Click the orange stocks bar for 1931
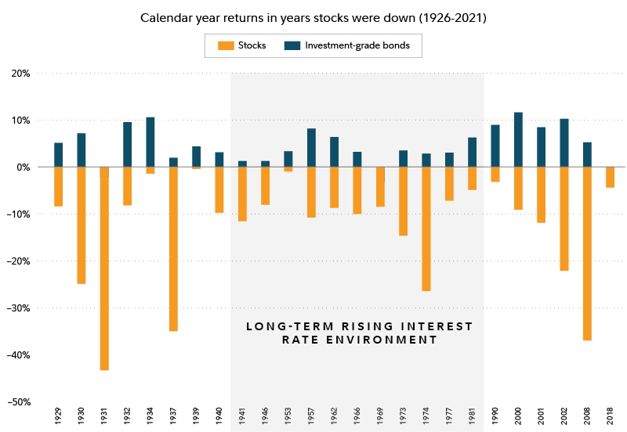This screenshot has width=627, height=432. click(x=104, y=268)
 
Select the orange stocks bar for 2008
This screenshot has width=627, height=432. click(x=587, y=254)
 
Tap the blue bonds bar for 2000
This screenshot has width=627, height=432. click(x=518, y=139)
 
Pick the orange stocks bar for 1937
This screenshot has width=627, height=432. click(x=173, y=249)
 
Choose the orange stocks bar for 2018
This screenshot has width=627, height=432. click(x=611, y=178)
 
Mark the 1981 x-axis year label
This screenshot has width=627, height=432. click(x=473, y=416)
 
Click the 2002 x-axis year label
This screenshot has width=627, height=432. click(x=564, y=416)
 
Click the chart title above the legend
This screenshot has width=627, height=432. click(x=313, y=17)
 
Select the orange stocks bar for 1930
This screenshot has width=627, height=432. click(x=82, y=225)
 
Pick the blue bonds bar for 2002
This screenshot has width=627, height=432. click(x=564, y=142)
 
